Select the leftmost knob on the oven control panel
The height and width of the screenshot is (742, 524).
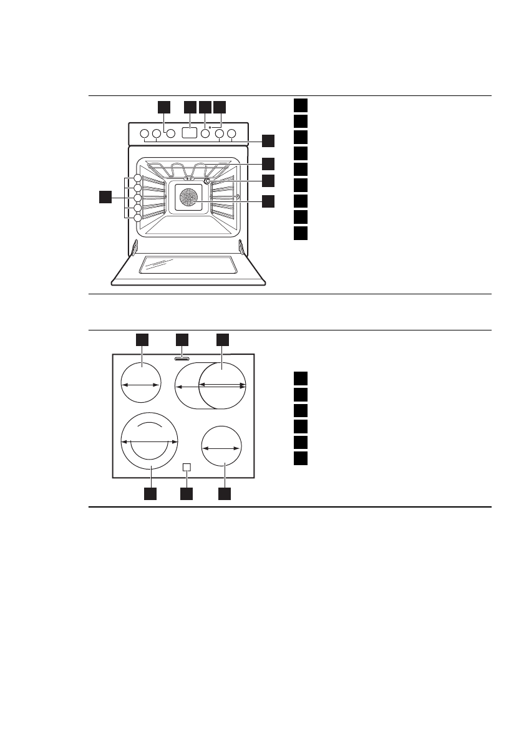(144, 133)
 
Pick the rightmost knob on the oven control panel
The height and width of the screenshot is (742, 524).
(232, 133)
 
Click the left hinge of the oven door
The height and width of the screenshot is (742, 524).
(134, 248)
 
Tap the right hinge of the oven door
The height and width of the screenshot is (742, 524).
(241, 248)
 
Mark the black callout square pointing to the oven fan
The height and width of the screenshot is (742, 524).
(268, 201)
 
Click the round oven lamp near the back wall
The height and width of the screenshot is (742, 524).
(208, 181)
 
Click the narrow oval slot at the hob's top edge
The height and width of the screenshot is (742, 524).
(182, 359)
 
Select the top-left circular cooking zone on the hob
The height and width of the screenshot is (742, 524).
(140, 385)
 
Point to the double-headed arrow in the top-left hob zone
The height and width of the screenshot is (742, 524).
(140, 386)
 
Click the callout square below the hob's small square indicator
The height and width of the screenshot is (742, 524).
(187, 494)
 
